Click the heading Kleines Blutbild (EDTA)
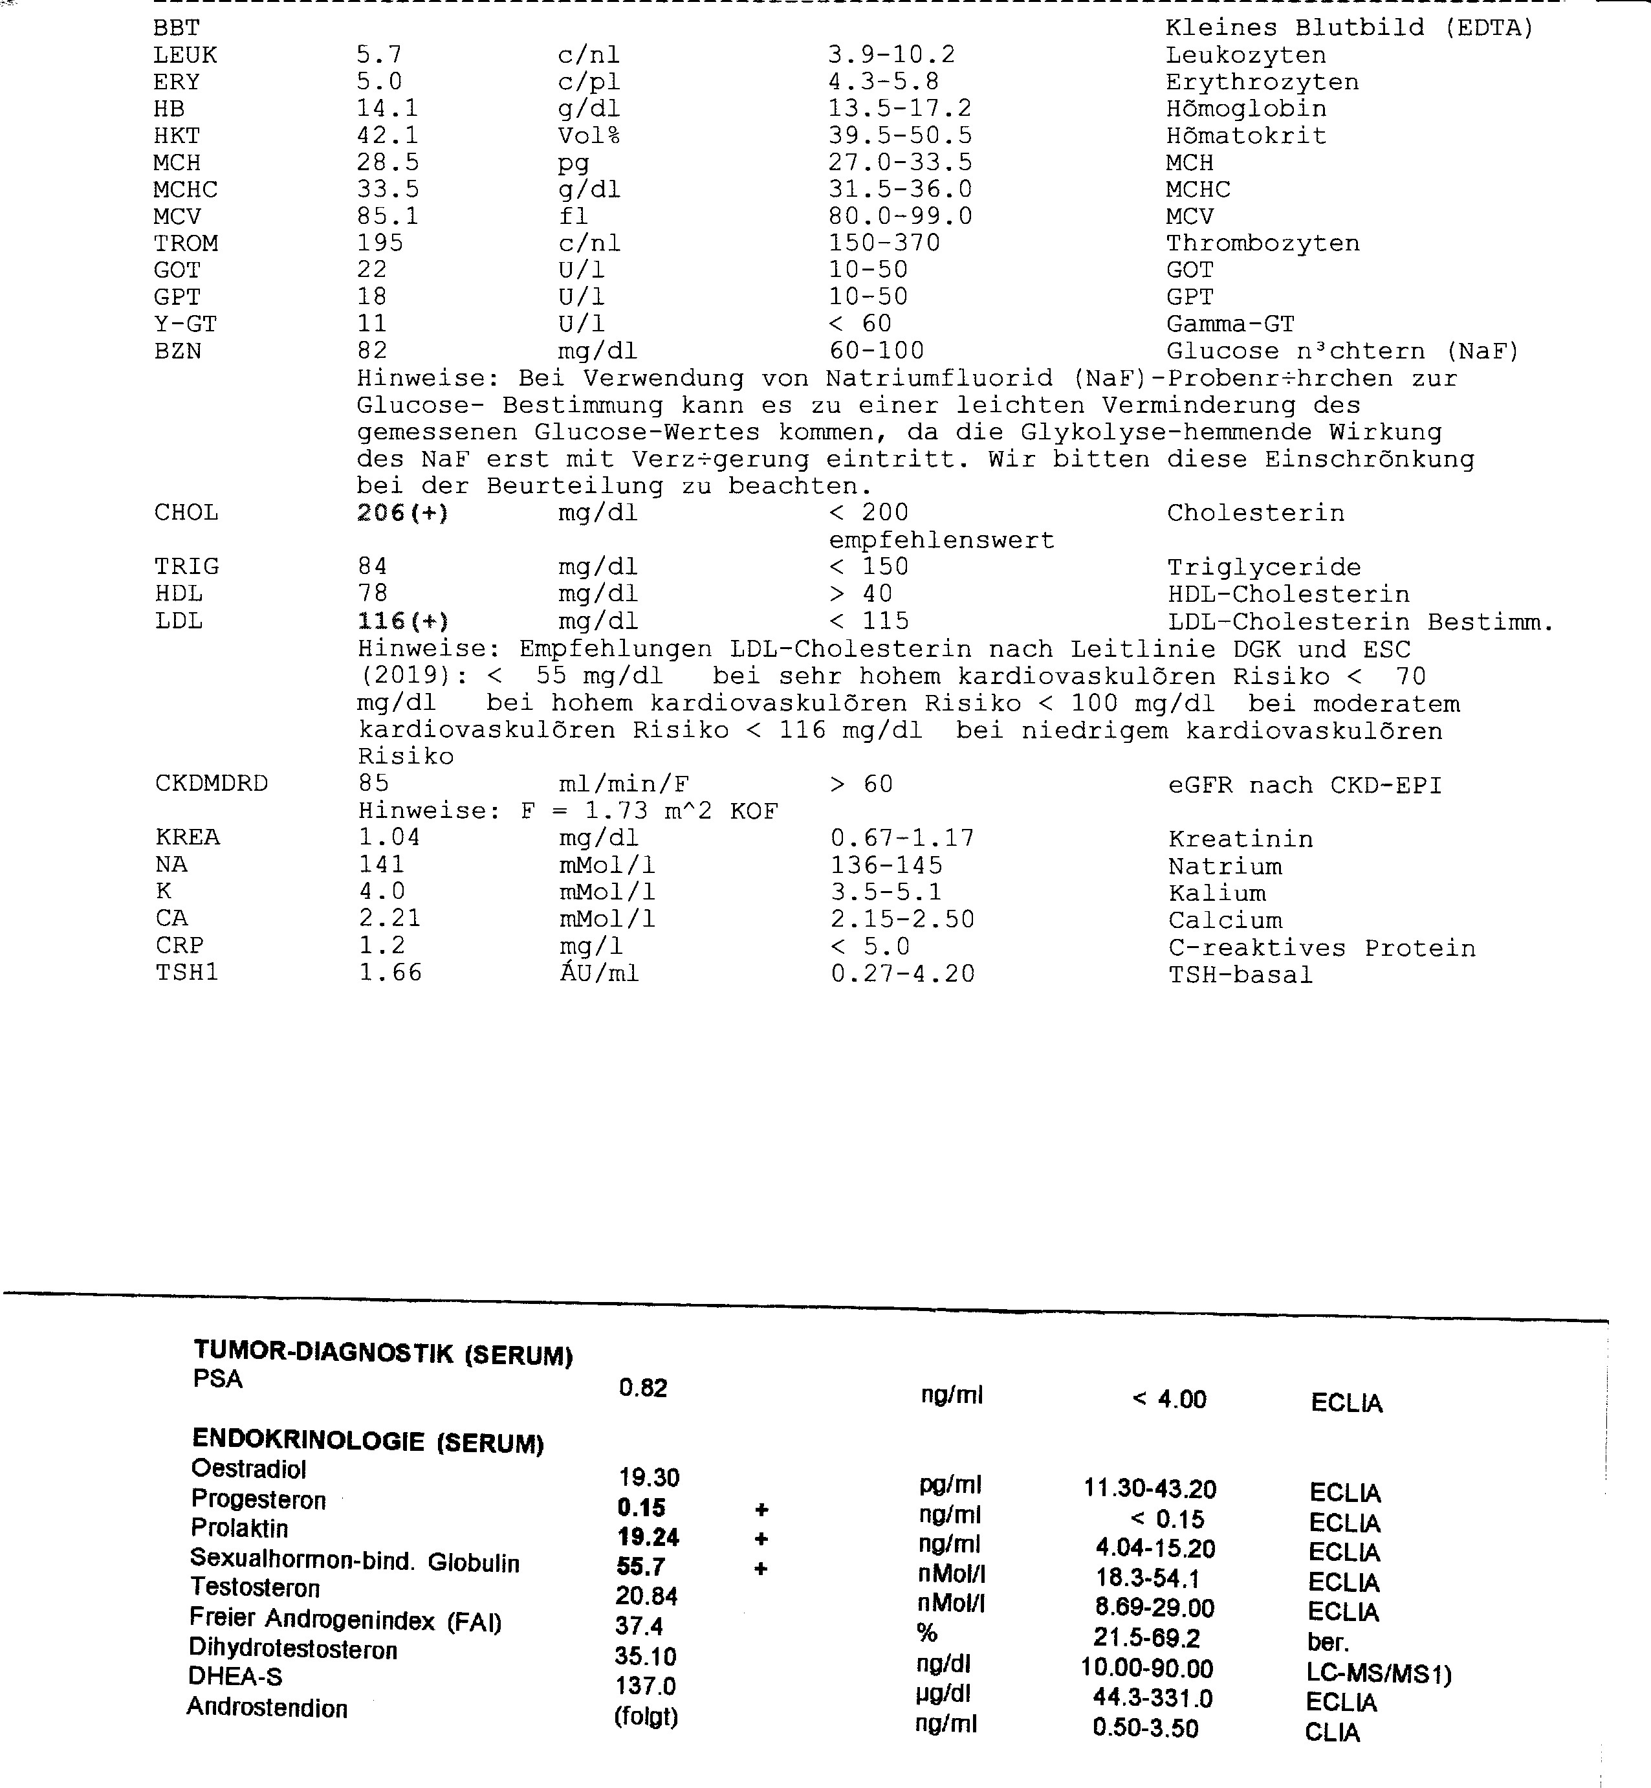point(1349,28)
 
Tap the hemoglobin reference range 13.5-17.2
point(900,109)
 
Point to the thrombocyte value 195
point(380,244)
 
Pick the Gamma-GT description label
point(1230,324)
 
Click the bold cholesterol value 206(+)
point(402,513)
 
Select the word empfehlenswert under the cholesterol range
point(942,540)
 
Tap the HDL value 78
point(373,594)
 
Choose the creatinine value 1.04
point(389,838)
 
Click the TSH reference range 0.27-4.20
point(902,974)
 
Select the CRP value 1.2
point(382,946)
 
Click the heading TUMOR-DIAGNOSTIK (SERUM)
point(383,1353)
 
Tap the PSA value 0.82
point(643,1387)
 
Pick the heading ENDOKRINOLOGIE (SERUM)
point(368,1441)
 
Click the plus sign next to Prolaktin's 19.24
point(761,1539)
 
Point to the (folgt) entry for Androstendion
point(646,1717)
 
